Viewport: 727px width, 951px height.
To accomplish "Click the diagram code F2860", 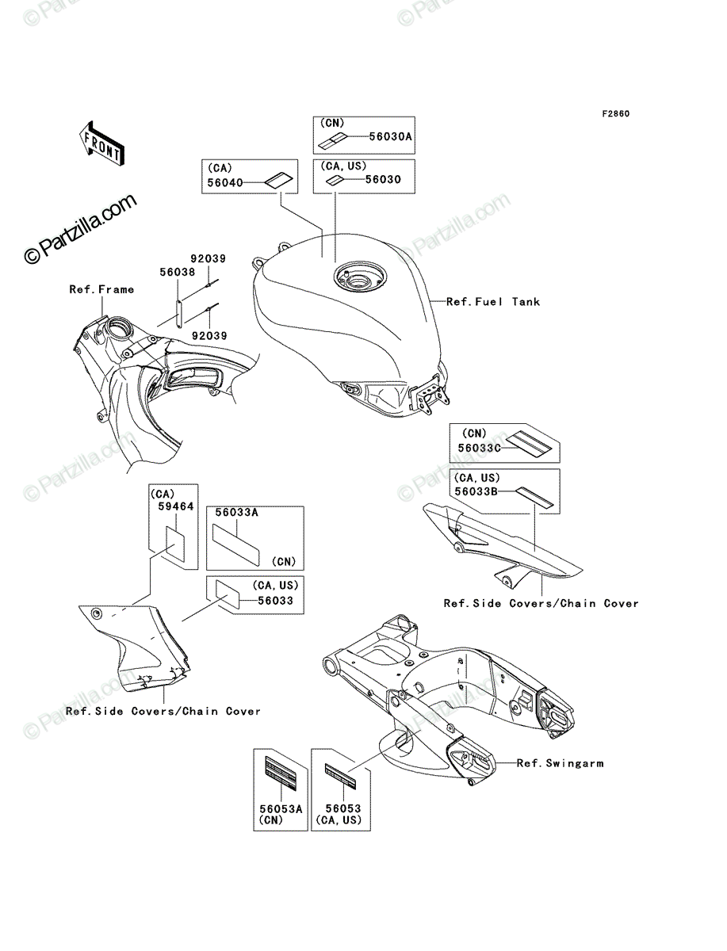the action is tap(615, 114).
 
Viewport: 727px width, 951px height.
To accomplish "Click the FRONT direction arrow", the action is tap(101, 144).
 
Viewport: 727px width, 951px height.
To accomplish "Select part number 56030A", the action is tap(390, 137).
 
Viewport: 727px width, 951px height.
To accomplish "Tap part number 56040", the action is tap(225, 183).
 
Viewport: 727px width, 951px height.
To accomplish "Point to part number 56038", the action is tap(178, 272).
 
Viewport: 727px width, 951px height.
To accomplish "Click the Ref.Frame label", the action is tap(101, 289).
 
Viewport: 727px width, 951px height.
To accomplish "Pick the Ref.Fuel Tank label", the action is tap(493, 302).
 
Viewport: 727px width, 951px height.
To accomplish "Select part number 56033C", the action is tap(479, 448).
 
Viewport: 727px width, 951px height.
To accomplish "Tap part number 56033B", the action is tap(476, 492).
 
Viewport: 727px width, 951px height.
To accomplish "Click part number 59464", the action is tap(175, 506).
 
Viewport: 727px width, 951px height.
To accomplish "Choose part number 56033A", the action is tap(236, 513).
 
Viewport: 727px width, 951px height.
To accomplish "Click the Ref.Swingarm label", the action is tap(560, 763).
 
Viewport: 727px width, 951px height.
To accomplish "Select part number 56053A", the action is tap(281, 809).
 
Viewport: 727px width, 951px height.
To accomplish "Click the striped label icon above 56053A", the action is tap(281, 772).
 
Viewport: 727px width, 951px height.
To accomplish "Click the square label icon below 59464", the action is tap(176, 544).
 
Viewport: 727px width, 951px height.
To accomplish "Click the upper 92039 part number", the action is tap(208, 258).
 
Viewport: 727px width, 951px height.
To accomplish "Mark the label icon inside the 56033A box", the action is tap(235, 545).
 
